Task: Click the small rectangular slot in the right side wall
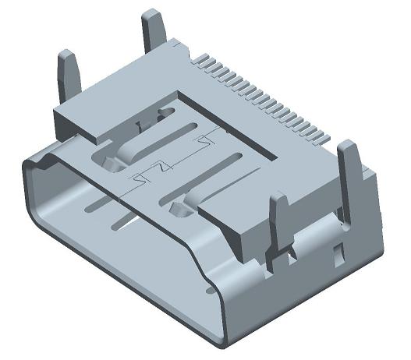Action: [338, 253]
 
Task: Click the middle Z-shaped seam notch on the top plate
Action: [163, 167]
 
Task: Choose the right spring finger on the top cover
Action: [214, 179]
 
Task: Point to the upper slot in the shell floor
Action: [101, 204]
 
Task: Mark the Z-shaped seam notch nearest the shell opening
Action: [140, 178]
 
